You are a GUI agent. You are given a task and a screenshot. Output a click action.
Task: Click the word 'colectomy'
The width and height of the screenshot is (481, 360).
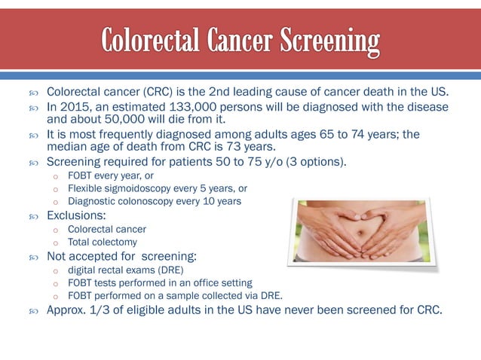click(x=115, y=242)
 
